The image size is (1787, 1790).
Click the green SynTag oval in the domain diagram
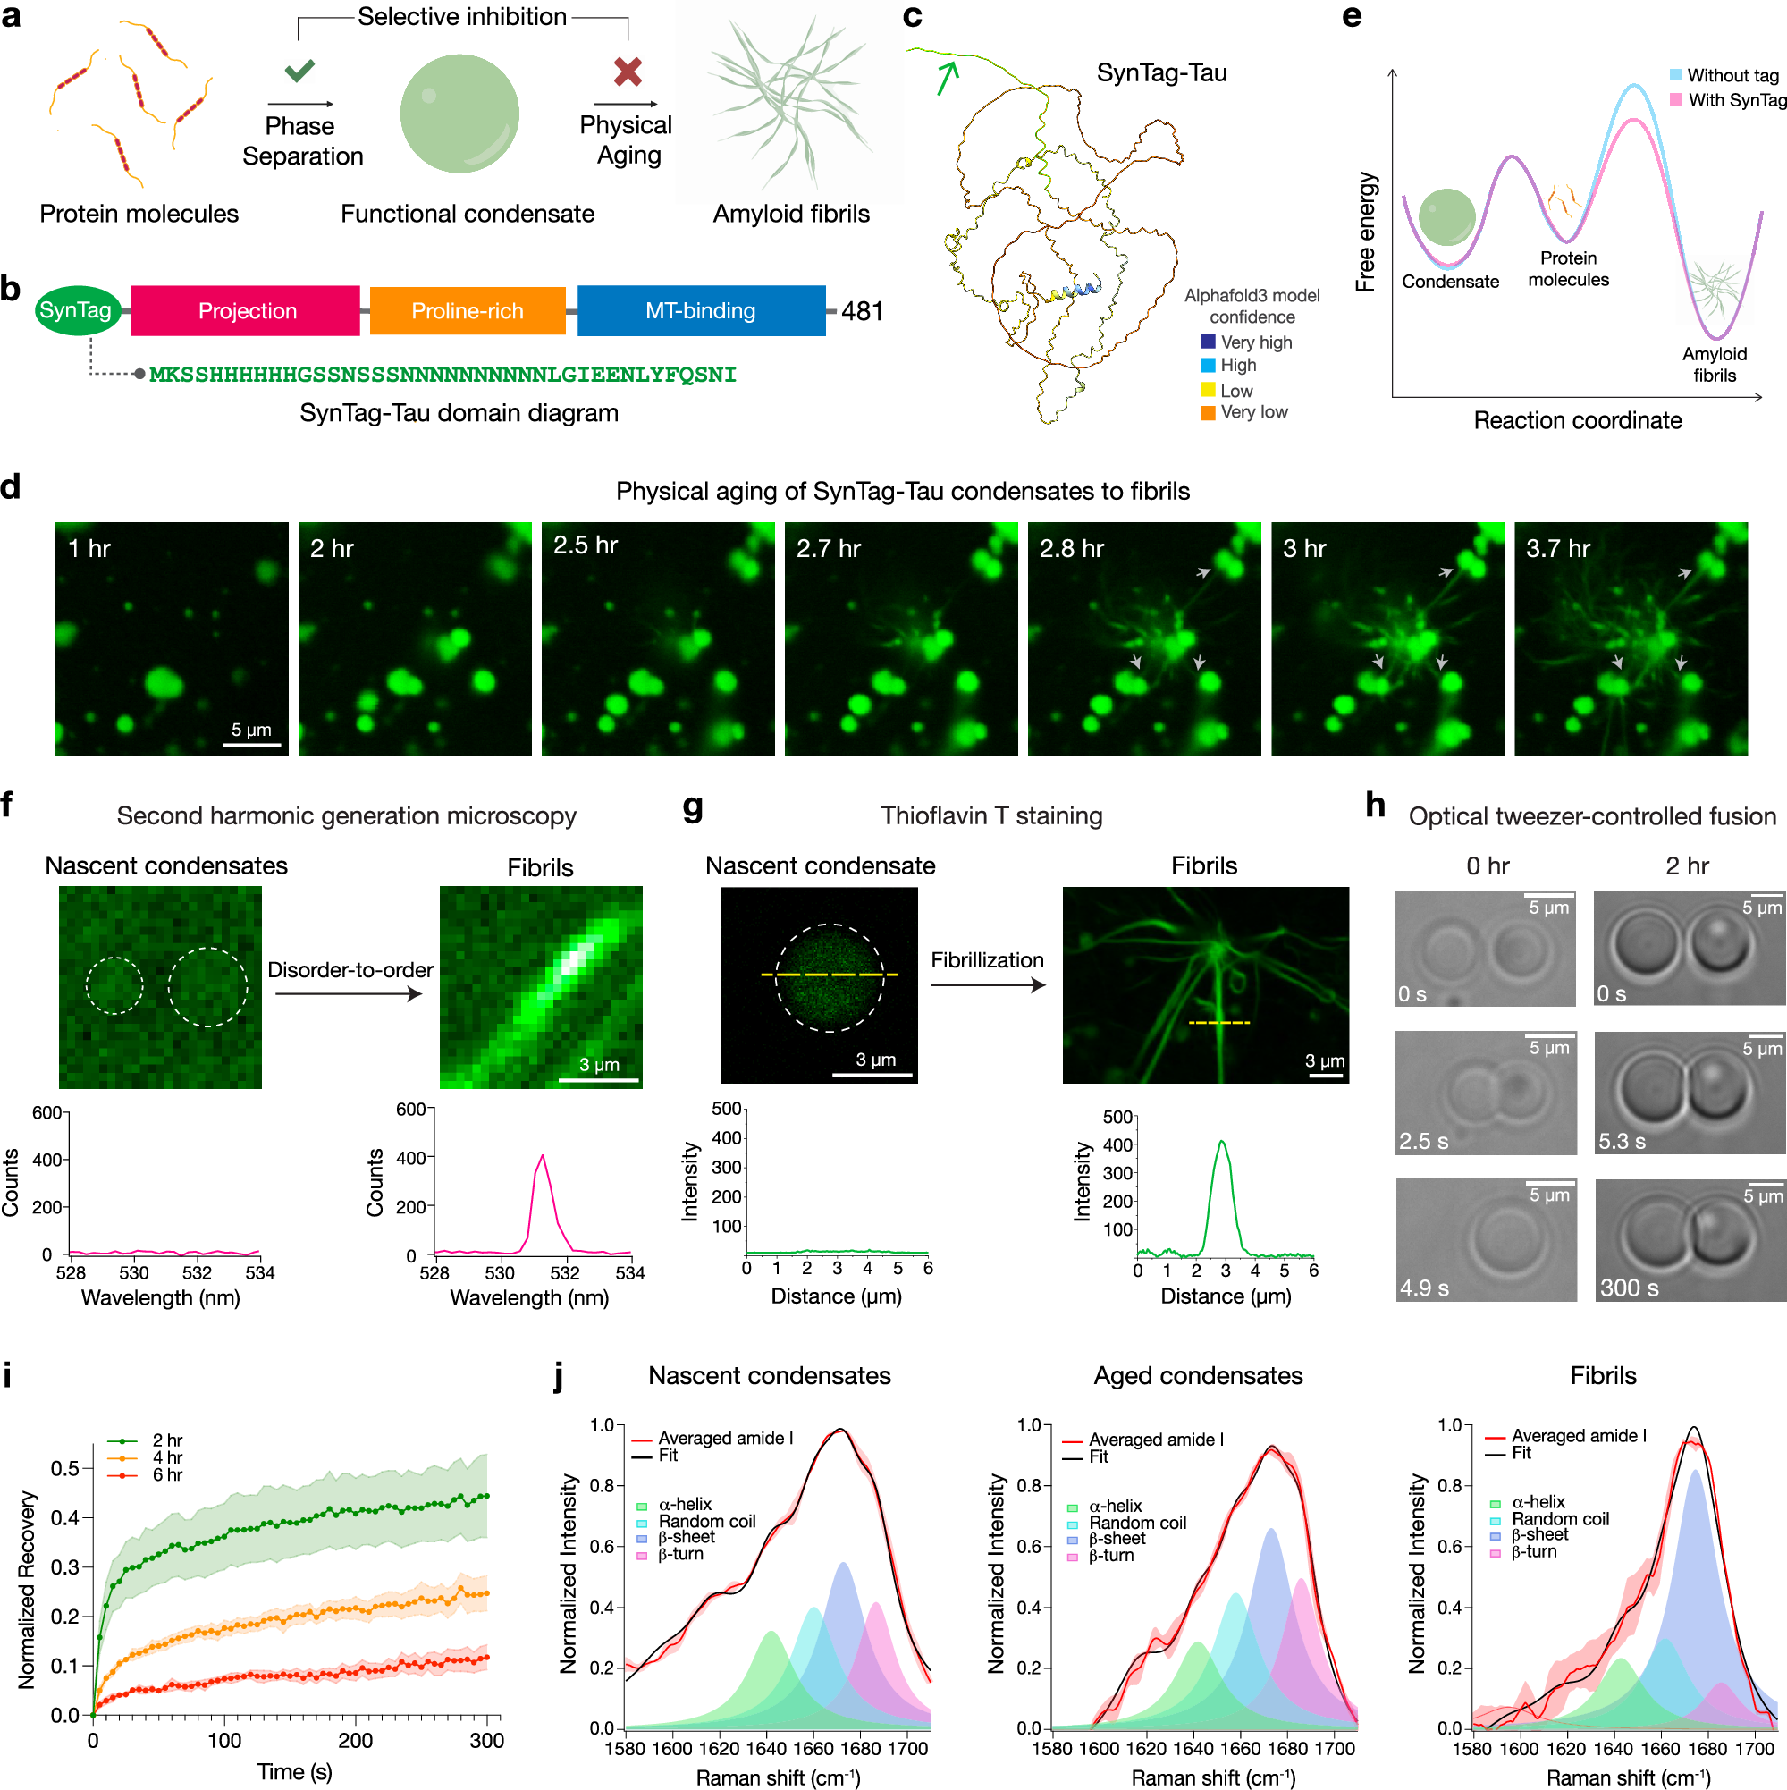click(75, 310)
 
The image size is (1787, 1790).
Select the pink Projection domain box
click(246, 310)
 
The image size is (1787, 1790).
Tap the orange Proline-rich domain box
click(467, 310)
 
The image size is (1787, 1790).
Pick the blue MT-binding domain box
click(700, 310)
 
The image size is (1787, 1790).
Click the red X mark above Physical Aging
click(628, 72)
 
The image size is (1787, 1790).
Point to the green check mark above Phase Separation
click(299, 70)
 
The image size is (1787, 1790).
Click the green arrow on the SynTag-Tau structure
click(946, 77)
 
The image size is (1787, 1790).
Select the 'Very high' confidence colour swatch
click(1207, 342)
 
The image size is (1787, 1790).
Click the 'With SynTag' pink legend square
click(1675, 99)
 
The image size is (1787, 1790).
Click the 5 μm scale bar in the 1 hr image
click(251, 744)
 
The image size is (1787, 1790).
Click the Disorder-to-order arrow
click(349, 994)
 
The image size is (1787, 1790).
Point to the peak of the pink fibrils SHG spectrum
click(542, 1155)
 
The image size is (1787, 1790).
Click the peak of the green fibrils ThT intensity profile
click(1222, 1142)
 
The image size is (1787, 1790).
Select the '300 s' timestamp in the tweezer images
click(1629, 1287)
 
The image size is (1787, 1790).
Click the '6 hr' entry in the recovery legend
click(167, 1474)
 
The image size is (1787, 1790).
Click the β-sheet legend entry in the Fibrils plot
click(1538, 1534)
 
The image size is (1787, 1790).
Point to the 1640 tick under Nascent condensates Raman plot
click(766, 1748)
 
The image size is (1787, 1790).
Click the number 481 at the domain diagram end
click(862, 311)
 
